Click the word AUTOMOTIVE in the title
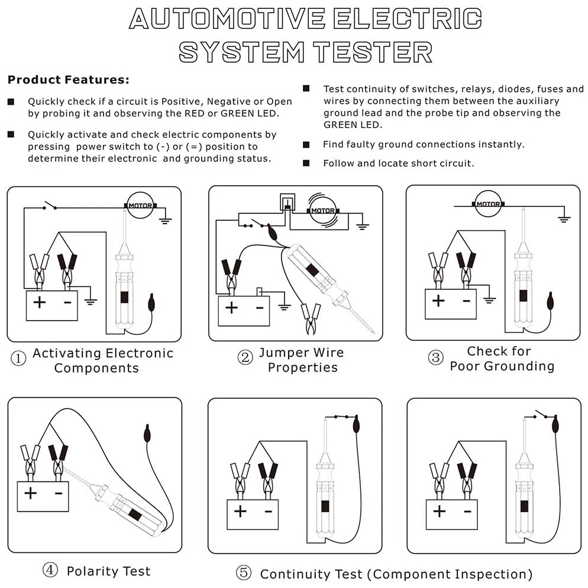pyautogui.click(x=227, y=18)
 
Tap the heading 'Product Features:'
pyautogui.click(x=69, y=79)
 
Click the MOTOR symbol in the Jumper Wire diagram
pyautogui.click(x=323, y=210)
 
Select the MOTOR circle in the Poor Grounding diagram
pyautogui.click(x=488, y=203)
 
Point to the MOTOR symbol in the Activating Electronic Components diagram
pyautogui.click(x=140, y=206)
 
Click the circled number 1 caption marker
pyautogui.click(x=19, y=360)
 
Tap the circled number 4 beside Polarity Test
pyautogui.click(x=50, y=570)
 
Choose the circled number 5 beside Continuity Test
pyautogui.click(x=243, y=573)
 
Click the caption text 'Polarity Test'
pyautogui.click(x=108, y=571)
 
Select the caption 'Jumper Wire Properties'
pyautogui.click(x=302, y=360)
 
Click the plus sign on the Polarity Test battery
pyautogui.click(x=30, y=493)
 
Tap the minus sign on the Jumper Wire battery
pyautogui.click(x=259, y=308)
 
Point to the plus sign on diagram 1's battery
pyautogui.click(x=39, y=302)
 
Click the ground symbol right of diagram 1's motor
pyautogui.click(x=166, y=220)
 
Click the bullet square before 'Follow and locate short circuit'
pyautogui.click(x=306, y=163)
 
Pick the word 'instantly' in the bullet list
pyautogui.click(x=502, y=144)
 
